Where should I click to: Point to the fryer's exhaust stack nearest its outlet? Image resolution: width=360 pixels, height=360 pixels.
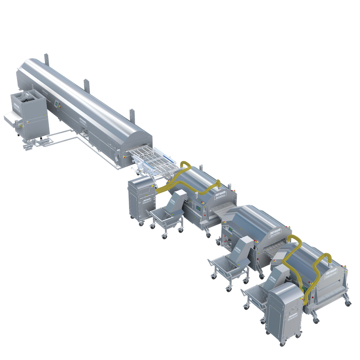[x=131, y=114]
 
